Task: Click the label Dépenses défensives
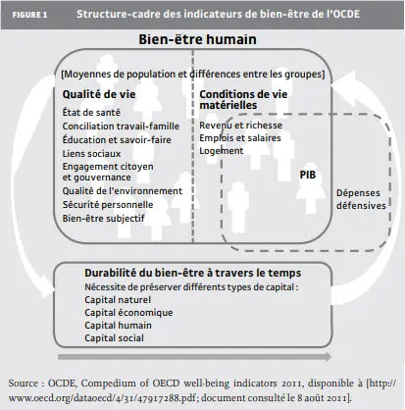[x=359, y=198]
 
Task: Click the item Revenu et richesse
[x=234, y=126]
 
